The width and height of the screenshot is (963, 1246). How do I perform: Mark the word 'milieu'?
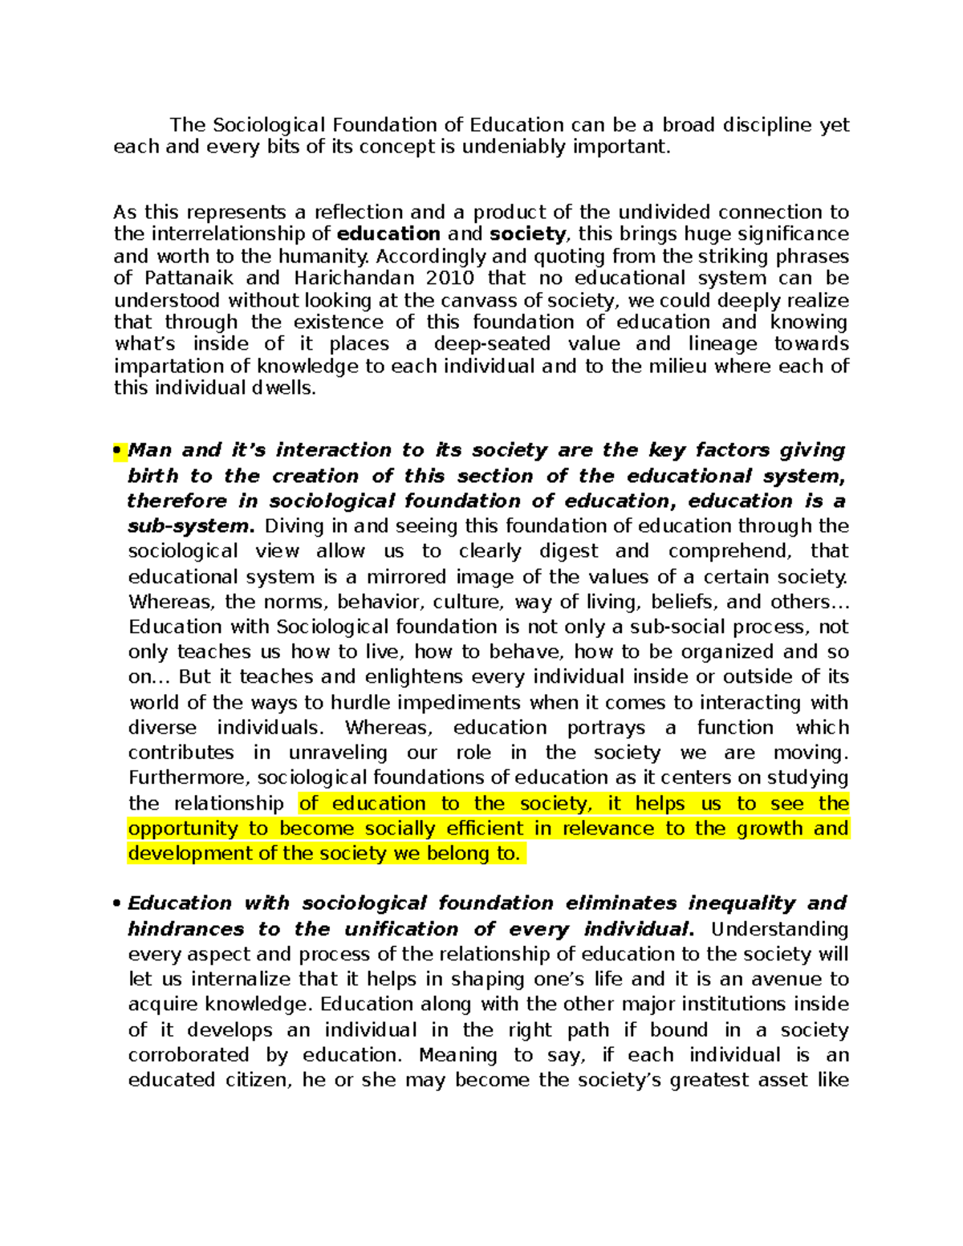pyautogui.click(x=679, y=367)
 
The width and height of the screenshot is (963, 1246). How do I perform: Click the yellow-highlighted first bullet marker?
pyautogui.click(x=118, y=450)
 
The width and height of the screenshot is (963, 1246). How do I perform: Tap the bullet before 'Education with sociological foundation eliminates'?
pyautogui.click(x=118, y=903)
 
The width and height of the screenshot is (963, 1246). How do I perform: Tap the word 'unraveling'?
pyautogui.click(x=338, y=753)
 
